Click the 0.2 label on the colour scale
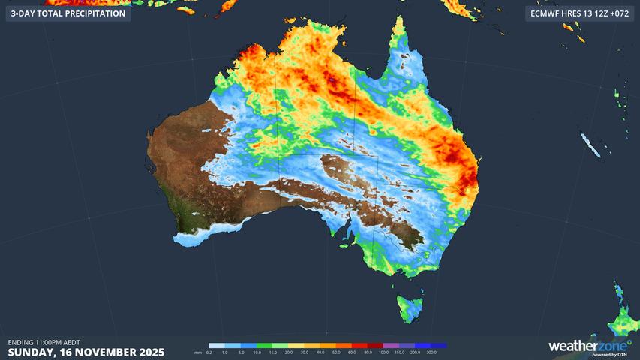click(209, 352)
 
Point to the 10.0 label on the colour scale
click(257, 352)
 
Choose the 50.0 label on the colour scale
click(336, 352)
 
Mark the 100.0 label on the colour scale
click(384, 352)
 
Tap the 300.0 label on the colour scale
click(431, 352)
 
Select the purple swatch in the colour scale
click(400, 346)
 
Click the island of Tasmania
click(410, 307)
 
